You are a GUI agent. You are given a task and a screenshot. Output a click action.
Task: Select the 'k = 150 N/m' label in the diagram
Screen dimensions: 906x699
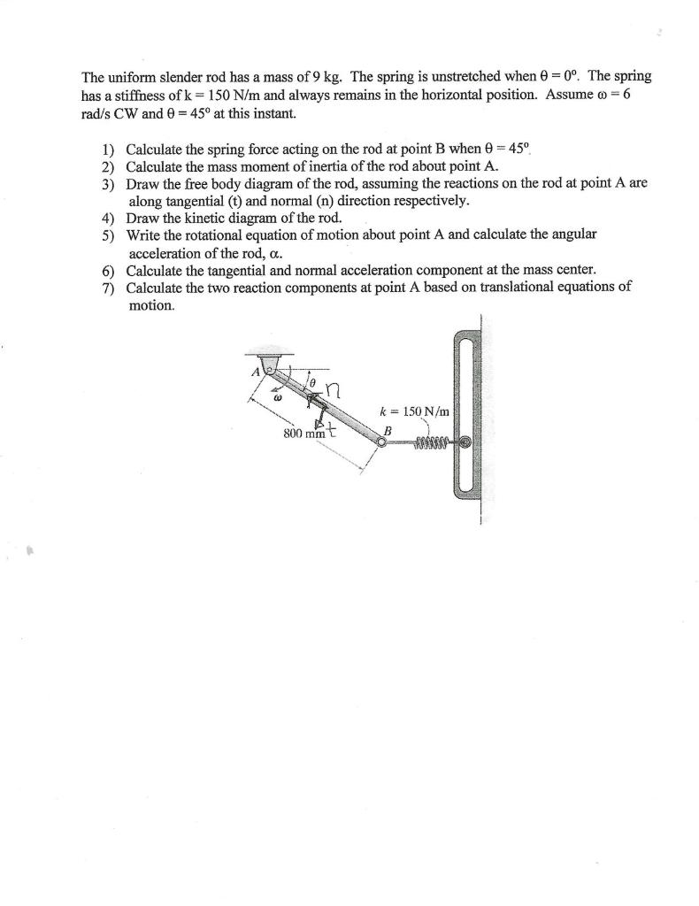click(x=414, y=411)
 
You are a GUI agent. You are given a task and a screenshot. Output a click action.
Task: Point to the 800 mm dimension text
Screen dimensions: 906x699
click(x=300, y=434)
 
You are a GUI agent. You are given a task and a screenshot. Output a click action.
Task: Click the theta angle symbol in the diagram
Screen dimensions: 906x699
click(x=311, y=379)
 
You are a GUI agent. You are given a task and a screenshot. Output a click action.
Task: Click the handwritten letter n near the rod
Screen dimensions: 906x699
click(x=333, y=390)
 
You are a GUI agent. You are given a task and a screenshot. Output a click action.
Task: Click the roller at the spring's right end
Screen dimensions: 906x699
click(x=464, y=441)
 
